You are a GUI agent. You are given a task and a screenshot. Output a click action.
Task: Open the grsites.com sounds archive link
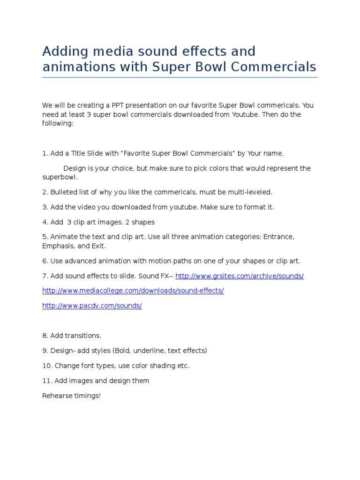pyautogui.click(x=240, y=276)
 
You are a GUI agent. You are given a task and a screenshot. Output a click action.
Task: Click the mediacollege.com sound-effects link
pyautogui.click(x=133, y=291)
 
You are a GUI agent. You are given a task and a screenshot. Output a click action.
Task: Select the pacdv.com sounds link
pyautogui.click(x=92, y=306)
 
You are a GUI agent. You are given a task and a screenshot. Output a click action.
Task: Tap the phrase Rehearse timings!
pyautogui.click(x=71, y=396)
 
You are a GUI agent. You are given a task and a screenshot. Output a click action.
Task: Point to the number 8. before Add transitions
pyautogui.click(x=45, y=336)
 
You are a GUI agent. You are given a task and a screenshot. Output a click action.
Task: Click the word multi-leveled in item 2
pyautogui.click(x=249, y=192)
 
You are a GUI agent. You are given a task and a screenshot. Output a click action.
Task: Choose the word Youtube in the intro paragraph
pyautogui.click(x=244, y=114)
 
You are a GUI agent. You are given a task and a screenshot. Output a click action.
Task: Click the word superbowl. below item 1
pyautogui.click(x=60, y=178)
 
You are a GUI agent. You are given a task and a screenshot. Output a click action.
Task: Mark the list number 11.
pyautogui.click(x=46, y=381)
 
